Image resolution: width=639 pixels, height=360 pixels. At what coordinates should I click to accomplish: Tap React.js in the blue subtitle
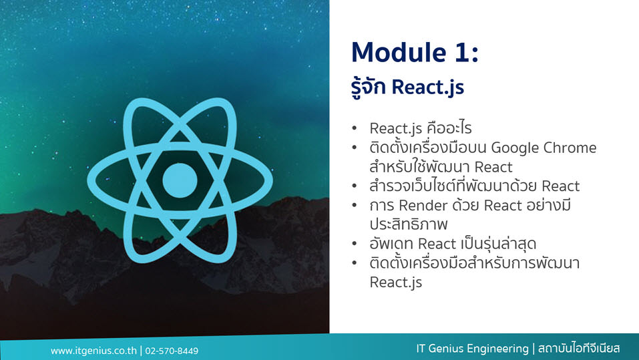(427, 87)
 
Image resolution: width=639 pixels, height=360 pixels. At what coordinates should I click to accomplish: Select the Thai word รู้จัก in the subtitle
(369, 86)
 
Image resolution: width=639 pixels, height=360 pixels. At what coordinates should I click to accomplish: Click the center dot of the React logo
(180, 180)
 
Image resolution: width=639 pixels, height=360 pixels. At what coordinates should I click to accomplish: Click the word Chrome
(570, 148)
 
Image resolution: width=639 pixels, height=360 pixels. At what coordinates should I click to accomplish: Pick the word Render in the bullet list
(423, 206)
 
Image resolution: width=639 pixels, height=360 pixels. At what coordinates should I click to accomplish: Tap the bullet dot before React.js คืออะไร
(354, 128)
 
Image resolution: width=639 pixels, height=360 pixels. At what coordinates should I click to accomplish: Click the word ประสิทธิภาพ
(409, 224)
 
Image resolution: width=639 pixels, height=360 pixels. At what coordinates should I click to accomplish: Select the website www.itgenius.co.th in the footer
(93, 351)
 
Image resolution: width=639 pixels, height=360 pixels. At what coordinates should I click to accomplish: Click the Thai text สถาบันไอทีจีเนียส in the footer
(579, 349)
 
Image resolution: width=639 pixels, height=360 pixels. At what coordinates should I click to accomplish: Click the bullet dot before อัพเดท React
(354, 244)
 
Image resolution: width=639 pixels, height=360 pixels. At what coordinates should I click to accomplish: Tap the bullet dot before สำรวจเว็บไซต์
(354, 186)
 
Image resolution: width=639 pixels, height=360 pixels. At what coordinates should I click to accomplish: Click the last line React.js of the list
(395, 283)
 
